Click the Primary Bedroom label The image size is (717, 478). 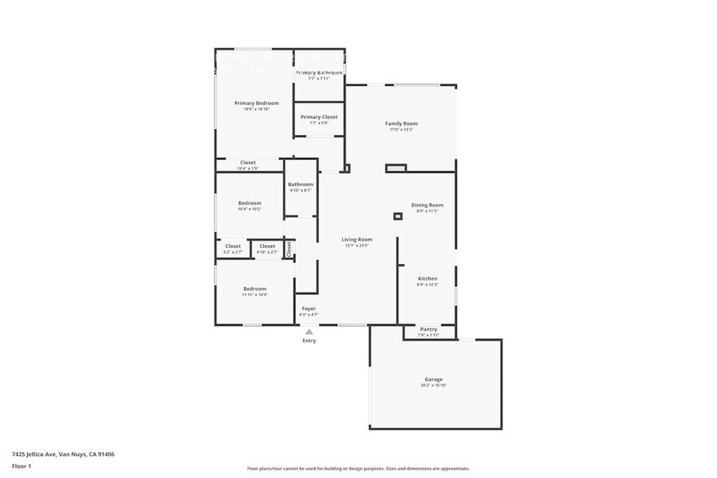tap(256, 103)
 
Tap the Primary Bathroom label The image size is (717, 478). tap(319, 73)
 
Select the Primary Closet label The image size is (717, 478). tap(319, 117)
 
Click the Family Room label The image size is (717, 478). tap(402, 124)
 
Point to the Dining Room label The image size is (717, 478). tap(427, 205)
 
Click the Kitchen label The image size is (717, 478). tap(427, 279)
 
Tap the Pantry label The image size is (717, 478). tap(428, 329)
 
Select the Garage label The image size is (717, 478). tap(433, 380)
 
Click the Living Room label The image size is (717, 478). tap(357, 240)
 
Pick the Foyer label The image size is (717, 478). tap(309, 309)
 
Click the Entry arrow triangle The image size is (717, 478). tap(309, 332)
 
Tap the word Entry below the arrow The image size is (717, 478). tap(309, 341)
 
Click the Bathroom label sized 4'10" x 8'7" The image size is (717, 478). tap(300, 185)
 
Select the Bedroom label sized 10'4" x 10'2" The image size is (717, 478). tap(250, 203)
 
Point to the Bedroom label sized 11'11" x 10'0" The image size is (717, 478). tap(254, 289)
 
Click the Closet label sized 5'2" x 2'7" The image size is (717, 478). tap(232, 246)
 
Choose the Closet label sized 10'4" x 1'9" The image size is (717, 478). tap(247, 163)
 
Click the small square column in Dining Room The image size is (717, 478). tap(398, 216)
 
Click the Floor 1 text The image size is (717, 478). tap(21, 466)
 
